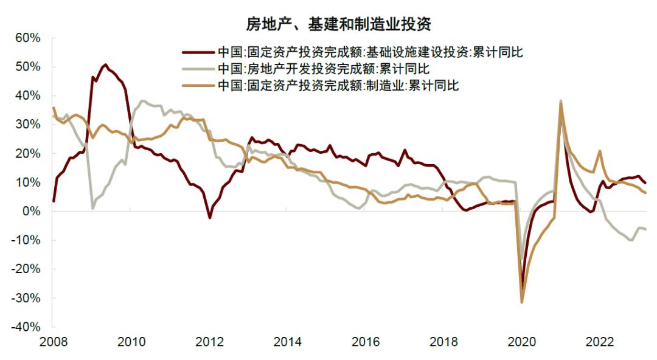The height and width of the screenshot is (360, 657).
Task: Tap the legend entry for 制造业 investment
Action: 338,86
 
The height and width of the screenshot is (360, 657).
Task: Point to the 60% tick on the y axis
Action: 27,38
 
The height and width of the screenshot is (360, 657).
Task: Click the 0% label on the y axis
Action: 30,212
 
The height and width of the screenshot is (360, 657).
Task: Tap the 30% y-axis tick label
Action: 27,125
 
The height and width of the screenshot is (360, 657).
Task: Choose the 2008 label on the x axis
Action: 53,342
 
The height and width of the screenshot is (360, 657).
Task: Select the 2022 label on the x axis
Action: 599,342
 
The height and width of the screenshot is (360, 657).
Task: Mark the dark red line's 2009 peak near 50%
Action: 105,64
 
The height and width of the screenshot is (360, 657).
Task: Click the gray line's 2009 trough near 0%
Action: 92,209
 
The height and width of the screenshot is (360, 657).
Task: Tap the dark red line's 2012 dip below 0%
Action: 209,217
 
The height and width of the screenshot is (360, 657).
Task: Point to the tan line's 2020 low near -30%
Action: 522,302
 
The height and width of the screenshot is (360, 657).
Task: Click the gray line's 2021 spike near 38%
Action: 560,101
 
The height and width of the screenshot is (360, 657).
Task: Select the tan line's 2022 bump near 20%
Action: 600,151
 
